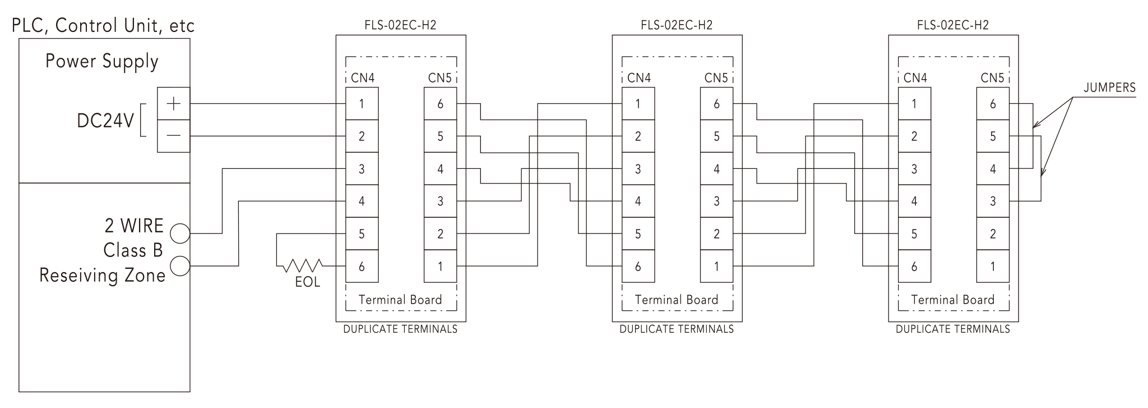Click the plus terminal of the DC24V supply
(173, 104)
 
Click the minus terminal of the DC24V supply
(173, 136)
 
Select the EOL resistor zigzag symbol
(302, 265)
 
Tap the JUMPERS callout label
(1109, 88)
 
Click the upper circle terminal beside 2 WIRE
(180, 233)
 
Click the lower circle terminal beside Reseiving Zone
(180, 265)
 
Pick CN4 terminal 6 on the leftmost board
(362, 266)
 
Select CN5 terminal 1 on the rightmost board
(993, 266)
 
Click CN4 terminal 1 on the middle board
(638, 104)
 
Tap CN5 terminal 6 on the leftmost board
(440, 104)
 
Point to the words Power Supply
(102, 61)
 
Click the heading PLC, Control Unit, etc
(103, 25)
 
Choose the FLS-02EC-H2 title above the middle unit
(677, 25)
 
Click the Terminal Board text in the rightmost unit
(952, 300)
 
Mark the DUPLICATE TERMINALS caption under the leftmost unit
(400, 329)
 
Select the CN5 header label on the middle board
(716, 78)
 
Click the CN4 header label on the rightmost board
(915, 78)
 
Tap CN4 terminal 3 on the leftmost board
(362, 169)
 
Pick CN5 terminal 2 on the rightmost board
(993, 233)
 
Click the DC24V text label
(105, 121)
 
